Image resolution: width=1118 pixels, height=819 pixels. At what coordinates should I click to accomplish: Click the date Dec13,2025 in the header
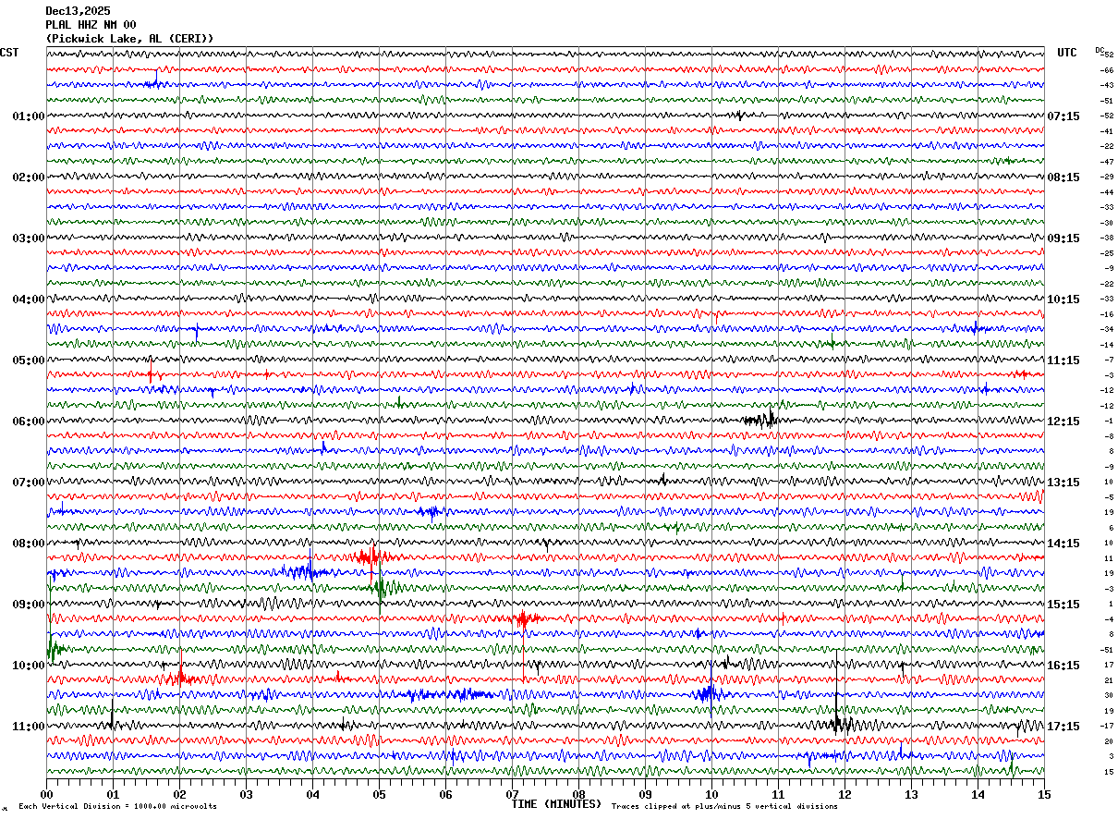tap(78, 11)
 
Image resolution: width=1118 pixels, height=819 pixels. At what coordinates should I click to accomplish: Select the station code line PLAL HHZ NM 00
tap(91, 25)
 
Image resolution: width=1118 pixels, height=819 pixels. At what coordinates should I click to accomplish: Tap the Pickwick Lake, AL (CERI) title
tap(129, 39)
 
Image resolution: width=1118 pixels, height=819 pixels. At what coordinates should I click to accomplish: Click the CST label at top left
tap(9, 53)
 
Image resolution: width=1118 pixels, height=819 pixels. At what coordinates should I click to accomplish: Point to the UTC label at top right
tap(1067, 53)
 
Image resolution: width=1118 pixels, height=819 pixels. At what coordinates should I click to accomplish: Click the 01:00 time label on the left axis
tap(29, 116)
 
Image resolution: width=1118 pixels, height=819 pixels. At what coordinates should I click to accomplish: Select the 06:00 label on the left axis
tap(29, 422)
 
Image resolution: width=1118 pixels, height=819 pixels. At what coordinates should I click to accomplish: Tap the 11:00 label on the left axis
tap(29, 727)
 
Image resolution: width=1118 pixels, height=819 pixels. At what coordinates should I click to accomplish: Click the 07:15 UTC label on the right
tap(1063, 116)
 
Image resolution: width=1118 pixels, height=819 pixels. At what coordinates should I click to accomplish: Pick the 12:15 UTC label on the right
tap(1063, 422)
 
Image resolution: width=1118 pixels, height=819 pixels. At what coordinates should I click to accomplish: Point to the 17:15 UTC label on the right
tap(1063, 727)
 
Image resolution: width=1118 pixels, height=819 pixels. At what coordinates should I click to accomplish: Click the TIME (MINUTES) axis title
tap(556, 804)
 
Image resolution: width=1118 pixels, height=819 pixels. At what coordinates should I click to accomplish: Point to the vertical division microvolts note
tap(117, 807)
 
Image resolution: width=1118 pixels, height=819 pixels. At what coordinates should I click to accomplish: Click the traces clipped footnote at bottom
tap(724, 807)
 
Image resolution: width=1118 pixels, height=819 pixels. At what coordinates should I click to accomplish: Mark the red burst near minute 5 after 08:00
tap(368, 556)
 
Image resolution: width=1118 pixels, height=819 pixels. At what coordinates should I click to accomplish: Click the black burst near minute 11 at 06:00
tap(760, 420)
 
